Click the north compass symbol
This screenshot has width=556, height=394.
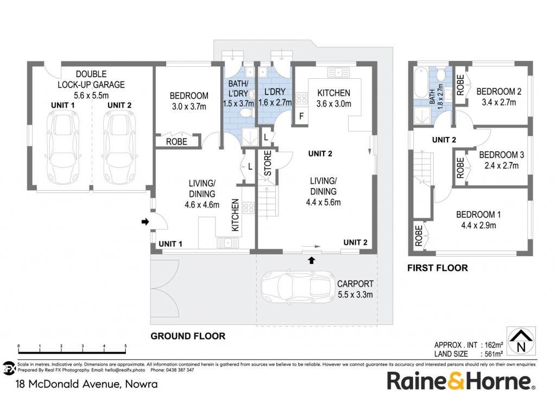[x=521, y=341]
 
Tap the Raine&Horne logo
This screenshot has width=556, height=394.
[x=460, y=381]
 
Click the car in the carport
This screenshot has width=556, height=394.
[x=299, y=287]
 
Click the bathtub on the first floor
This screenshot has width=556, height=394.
[x=421, y=83]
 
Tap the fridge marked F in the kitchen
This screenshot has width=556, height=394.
[x=301, y=116]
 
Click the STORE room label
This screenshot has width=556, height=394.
[x=268, y=163]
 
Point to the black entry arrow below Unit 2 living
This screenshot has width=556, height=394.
[x=311, y=260]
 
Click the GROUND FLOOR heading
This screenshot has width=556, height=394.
[x=188, y=336]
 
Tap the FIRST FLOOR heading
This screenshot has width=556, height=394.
[x=438, y=268]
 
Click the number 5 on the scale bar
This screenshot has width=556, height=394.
[x=125, y=346]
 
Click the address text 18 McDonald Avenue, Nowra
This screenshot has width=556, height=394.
[x=87, y=384]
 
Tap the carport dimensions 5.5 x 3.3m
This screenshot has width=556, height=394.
[x=355, y=295]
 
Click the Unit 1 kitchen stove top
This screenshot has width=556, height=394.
[x=249, y=208]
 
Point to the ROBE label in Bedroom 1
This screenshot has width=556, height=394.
[x=419, y=236]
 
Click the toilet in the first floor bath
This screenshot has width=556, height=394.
[x=441, y=76]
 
